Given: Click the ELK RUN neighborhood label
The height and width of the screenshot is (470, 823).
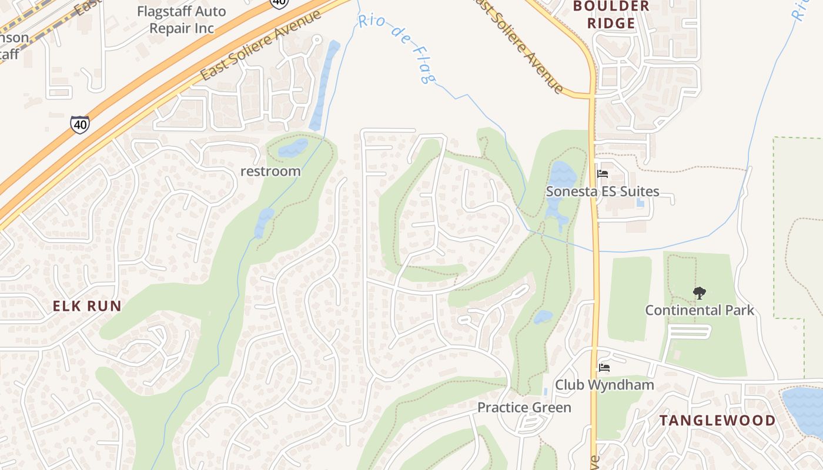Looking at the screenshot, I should point(87,305).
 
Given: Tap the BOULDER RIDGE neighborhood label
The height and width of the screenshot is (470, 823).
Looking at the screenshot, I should point(611,15).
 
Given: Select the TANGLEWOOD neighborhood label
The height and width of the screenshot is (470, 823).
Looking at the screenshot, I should point(717,420).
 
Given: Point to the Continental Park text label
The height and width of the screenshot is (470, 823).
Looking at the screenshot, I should point(700,310).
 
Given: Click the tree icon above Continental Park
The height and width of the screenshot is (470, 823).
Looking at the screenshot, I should point(699,293).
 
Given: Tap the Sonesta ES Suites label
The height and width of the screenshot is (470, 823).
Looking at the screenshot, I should point(603,192).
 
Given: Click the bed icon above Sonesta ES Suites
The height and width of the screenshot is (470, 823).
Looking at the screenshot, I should point(603,174).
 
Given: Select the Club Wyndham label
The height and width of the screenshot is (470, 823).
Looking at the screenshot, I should point(605,385).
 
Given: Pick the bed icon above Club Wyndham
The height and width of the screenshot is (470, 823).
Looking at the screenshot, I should point(604,368).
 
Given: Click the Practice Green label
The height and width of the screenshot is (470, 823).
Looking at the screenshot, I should point(524,407).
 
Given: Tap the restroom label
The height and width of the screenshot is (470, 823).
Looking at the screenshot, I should point(270,172).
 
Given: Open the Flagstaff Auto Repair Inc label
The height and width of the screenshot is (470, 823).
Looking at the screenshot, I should point(181,19).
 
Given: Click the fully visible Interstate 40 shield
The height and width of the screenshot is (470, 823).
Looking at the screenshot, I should point(80,124).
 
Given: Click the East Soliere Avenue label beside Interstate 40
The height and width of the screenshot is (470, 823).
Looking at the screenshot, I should point(261,46).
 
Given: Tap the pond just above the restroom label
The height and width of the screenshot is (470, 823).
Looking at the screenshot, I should point(293,148).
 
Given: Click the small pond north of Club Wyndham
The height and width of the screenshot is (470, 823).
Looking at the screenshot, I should point(543,317).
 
